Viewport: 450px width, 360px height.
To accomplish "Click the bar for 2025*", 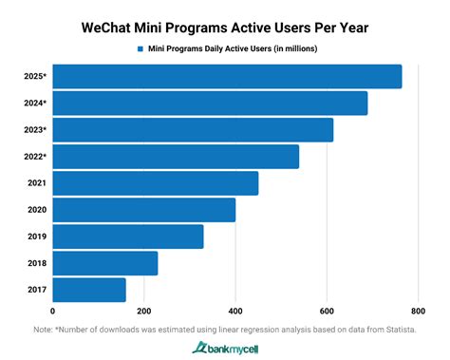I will pos(227,76).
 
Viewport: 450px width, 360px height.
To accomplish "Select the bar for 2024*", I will pos(210,103).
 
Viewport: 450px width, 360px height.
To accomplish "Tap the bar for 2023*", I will pos(193,129).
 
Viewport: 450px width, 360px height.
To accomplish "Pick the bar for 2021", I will pos(156,182).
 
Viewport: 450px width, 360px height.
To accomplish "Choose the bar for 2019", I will pos(128,237).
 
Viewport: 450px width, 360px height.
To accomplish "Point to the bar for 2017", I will pos(89,290).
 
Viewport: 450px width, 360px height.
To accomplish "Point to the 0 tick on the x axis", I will pos(53,311).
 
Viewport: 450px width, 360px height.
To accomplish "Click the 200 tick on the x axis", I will pos(143,311).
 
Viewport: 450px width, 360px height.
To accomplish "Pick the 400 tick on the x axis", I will pos(234,311).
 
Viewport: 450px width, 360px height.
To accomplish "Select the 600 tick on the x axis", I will pos(326,311).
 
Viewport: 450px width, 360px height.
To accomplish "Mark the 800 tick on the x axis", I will pos(417,311).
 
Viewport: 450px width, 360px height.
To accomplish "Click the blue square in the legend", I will pos(140,47).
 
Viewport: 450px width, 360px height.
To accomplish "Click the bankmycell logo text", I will pos(232,348).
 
